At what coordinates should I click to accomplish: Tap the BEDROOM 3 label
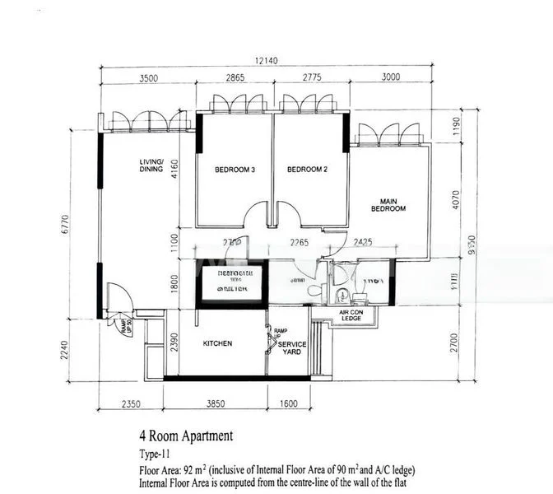point(235,170)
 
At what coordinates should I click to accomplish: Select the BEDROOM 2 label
point(307,170)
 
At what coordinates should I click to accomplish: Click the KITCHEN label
point(217,343)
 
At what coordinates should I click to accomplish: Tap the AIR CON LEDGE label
point(351,315)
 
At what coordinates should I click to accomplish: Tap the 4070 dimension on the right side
point(457,200)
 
